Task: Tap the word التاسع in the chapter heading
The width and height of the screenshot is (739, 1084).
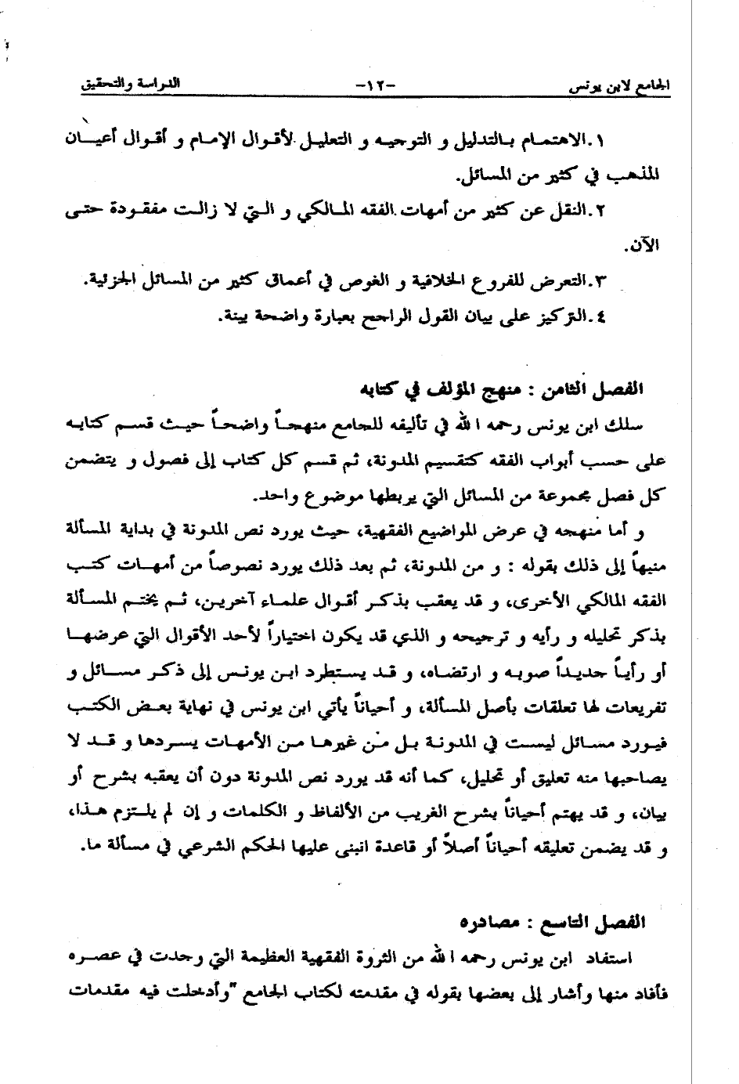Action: click(571, 922)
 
